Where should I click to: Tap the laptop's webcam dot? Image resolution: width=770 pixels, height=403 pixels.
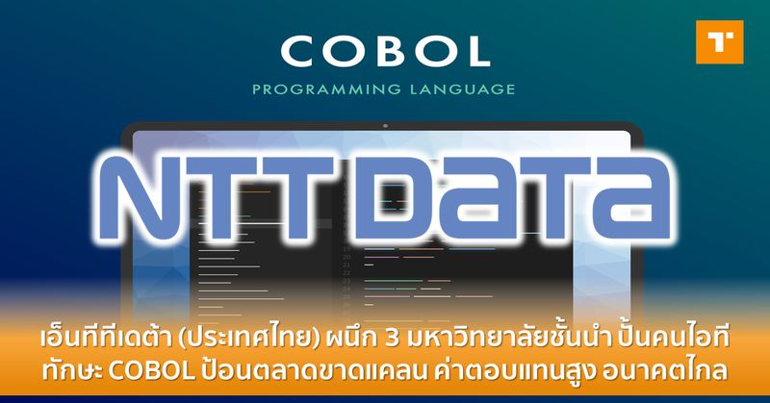coord(385,125)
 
